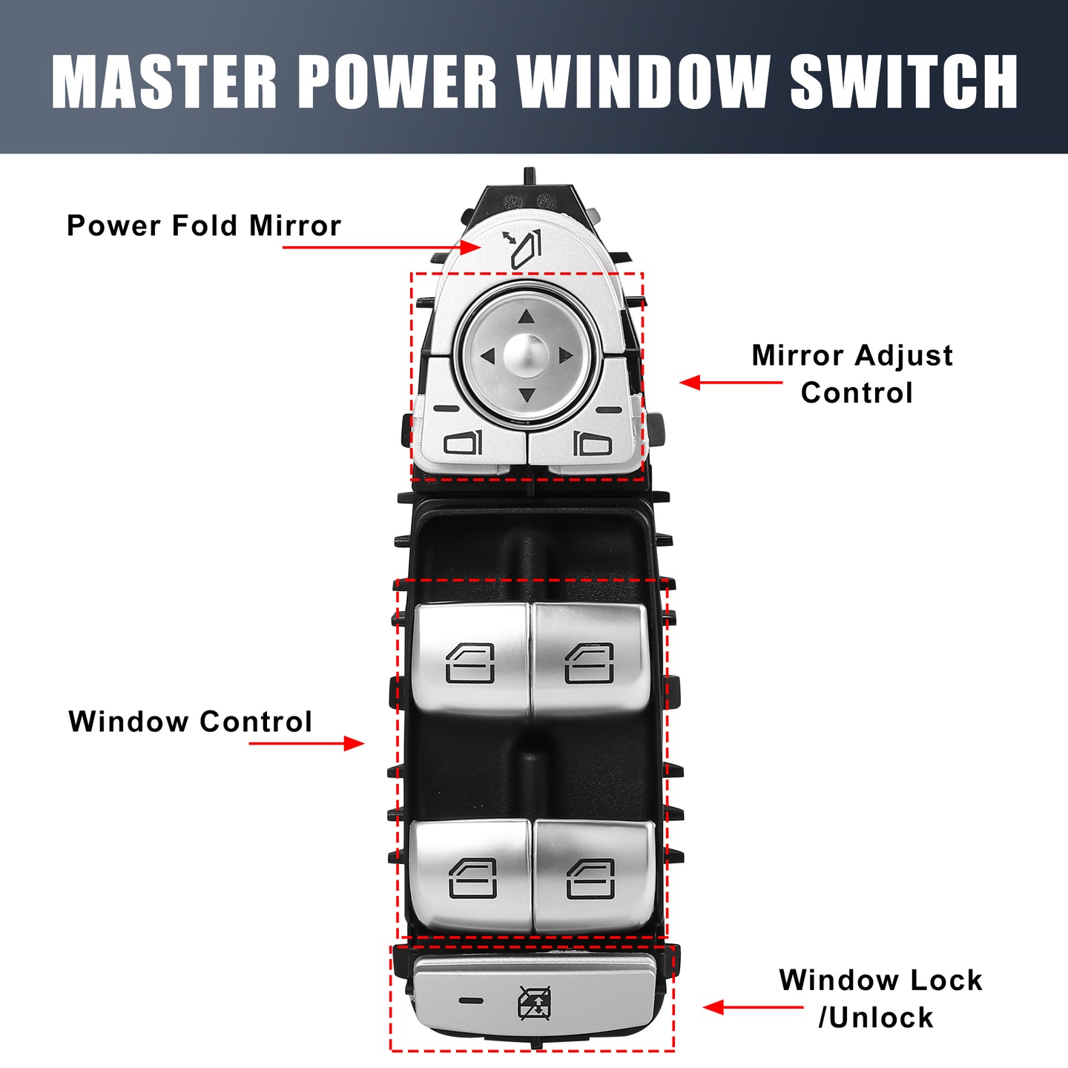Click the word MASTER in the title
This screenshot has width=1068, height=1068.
click(163, 82)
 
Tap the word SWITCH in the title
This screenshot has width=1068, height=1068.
click(903, 82)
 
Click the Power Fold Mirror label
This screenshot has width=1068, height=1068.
click(203, 225)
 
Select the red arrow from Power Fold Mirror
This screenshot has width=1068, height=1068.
click(382, 247)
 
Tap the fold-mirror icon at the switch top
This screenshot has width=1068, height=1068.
click(522, 250)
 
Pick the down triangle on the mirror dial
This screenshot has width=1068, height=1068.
click(527, 395)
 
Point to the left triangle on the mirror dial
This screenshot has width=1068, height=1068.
click(488, 356)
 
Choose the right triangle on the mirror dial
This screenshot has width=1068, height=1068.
click(565, 355)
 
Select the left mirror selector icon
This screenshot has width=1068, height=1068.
click(464, 442)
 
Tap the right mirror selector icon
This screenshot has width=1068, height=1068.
click(592, 443)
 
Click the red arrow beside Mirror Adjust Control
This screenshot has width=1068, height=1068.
click(731, 383)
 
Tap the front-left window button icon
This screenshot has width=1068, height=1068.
click(470, 663)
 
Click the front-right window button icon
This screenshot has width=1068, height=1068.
click(589, 663)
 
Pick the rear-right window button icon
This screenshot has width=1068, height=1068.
click(590, 879)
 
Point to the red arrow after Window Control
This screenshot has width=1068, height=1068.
click(306, 743)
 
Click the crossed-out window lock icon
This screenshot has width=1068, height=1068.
click(534, 1003)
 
